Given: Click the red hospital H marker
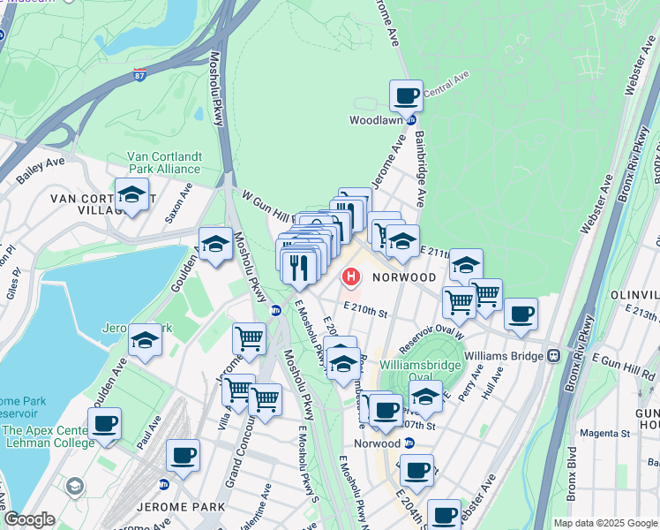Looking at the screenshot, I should [351, 277].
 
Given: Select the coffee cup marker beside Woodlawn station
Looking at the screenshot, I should [406, 95].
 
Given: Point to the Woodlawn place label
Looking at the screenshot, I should [377, 119].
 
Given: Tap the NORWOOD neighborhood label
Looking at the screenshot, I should [404, 277].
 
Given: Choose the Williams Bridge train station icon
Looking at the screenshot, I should [554, 355].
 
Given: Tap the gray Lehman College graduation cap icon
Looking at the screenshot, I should [75, 485].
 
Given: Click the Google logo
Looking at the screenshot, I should [28, 519].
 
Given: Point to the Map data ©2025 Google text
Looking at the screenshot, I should [605, 523].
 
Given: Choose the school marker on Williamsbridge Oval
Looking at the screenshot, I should [425, 397].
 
